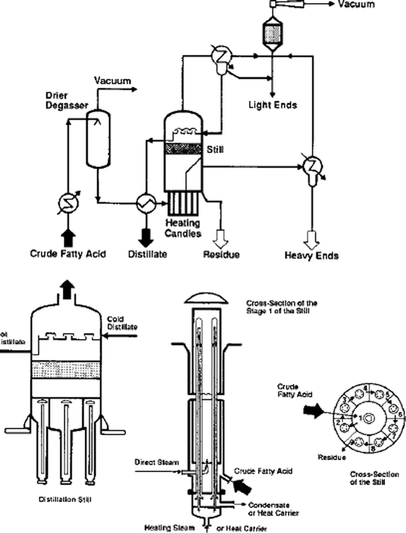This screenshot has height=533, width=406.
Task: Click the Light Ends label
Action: [x=272, y=105]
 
